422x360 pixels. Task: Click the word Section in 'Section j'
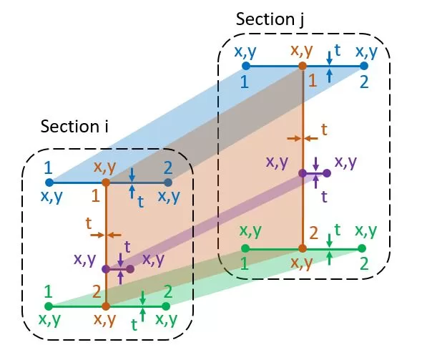265,19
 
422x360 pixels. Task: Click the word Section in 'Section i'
70,126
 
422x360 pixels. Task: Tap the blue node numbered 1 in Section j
246,66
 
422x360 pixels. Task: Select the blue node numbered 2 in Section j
363,66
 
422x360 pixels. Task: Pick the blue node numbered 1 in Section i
49,183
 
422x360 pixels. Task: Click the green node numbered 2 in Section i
166,306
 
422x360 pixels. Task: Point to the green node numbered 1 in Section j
245,248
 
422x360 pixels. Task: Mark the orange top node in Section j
303,66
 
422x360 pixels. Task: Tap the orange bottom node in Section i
106,306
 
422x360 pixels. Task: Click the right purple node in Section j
327,173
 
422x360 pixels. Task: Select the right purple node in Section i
130,268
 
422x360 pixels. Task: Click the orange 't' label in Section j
324,130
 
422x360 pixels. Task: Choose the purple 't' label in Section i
127,247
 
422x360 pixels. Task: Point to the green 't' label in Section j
338,230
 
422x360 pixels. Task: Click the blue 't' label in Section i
140,202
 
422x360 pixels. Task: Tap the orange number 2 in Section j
313,233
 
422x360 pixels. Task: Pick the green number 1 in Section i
48,291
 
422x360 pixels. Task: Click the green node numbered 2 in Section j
362,248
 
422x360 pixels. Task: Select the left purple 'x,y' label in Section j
277,162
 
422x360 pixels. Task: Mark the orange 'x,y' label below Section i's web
104,320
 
